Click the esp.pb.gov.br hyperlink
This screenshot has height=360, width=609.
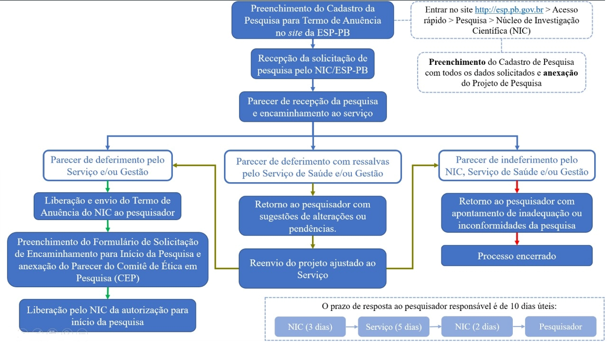pos(509,10)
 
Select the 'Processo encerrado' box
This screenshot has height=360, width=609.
pos(516,256)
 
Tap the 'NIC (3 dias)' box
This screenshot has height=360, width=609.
pos(310,327)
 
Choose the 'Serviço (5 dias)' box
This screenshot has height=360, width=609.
pos(393,327)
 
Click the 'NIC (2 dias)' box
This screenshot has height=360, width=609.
pos(477,327)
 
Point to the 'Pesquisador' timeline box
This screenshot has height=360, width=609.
pos(560,327)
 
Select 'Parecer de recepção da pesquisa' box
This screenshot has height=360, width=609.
pos(312,107)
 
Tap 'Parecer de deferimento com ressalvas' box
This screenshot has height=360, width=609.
pos(312,167)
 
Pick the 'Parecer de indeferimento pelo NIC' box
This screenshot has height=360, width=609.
pos(516,166)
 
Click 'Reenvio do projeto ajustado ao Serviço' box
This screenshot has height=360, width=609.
pos(312,269)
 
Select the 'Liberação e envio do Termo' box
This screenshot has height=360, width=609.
pos(107,206)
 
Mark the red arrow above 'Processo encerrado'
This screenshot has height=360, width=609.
pos(516,239)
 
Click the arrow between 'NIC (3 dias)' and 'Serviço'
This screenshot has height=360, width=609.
pos(352,327)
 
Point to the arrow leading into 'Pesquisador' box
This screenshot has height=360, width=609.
pos(518,327)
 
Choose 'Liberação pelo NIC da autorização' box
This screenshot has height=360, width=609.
pos(107,316)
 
